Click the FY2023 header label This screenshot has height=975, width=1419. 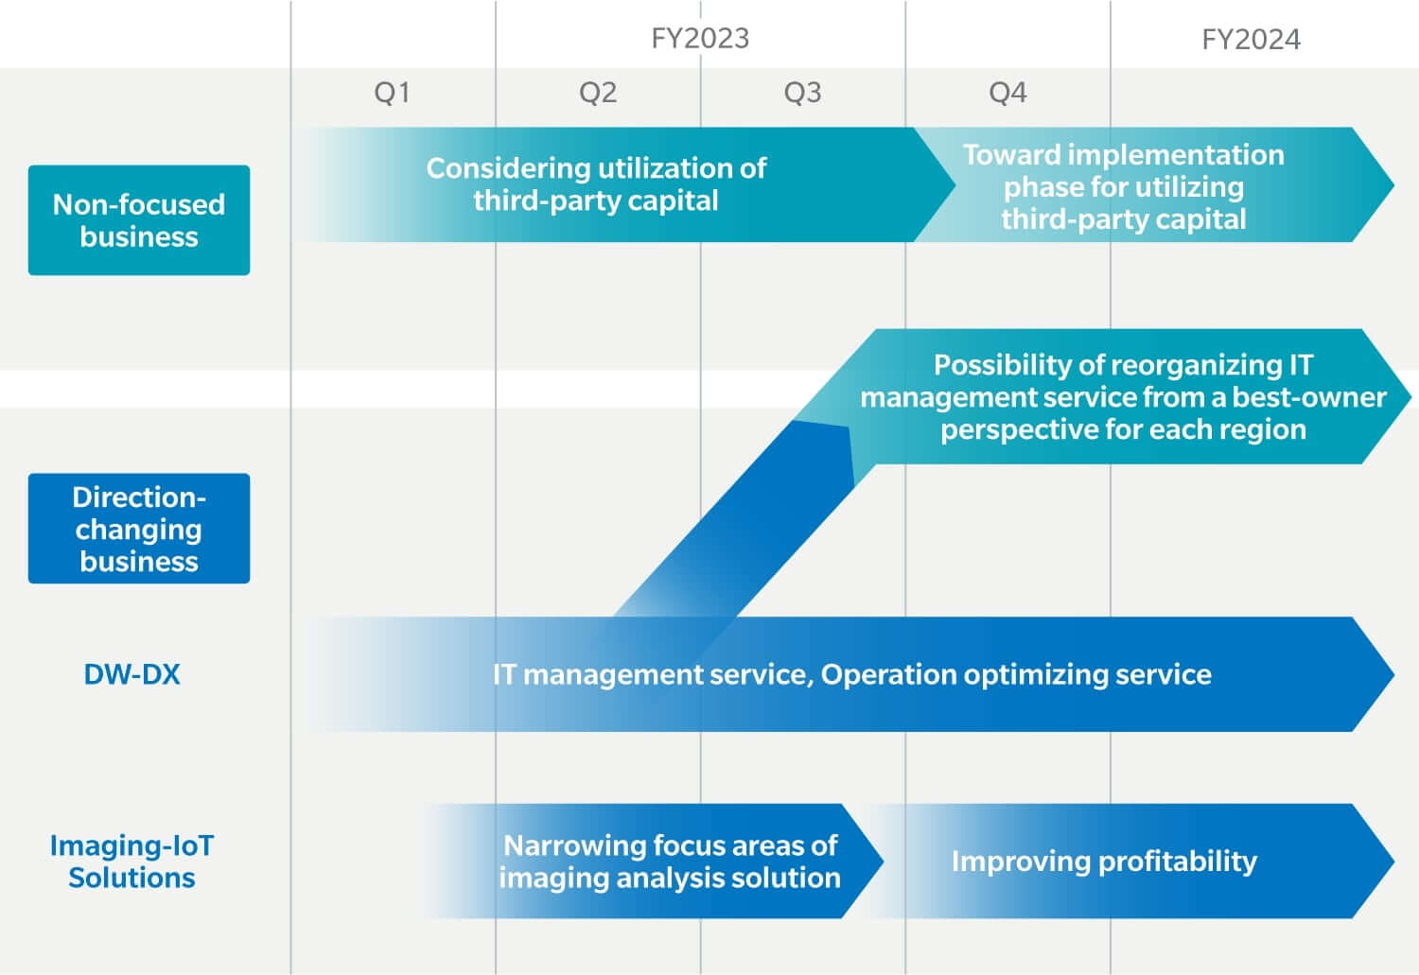[x=700, y=38]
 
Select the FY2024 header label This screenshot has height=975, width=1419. [x=1252, y=40]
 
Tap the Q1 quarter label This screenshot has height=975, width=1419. [x=393, y=93]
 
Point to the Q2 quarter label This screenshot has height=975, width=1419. [x=598, y=93]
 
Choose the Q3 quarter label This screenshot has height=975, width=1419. [x=802, y=93]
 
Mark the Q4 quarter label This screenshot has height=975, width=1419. [x=1007, y=93]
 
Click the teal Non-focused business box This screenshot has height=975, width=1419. [x=139, y=220]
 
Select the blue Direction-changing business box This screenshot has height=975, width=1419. [x=139, y=529]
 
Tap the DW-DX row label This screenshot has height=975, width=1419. [x=131, y=674]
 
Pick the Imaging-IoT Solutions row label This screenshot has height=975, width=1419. [x=131, y=862]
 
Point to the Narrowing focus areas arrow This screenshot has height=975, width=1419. [x=653, y=861]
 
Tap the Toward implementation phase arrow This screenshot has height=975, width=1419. [x=1154, y=184]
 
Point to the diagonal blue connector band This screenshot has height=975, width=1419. [x=735, y=519]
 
